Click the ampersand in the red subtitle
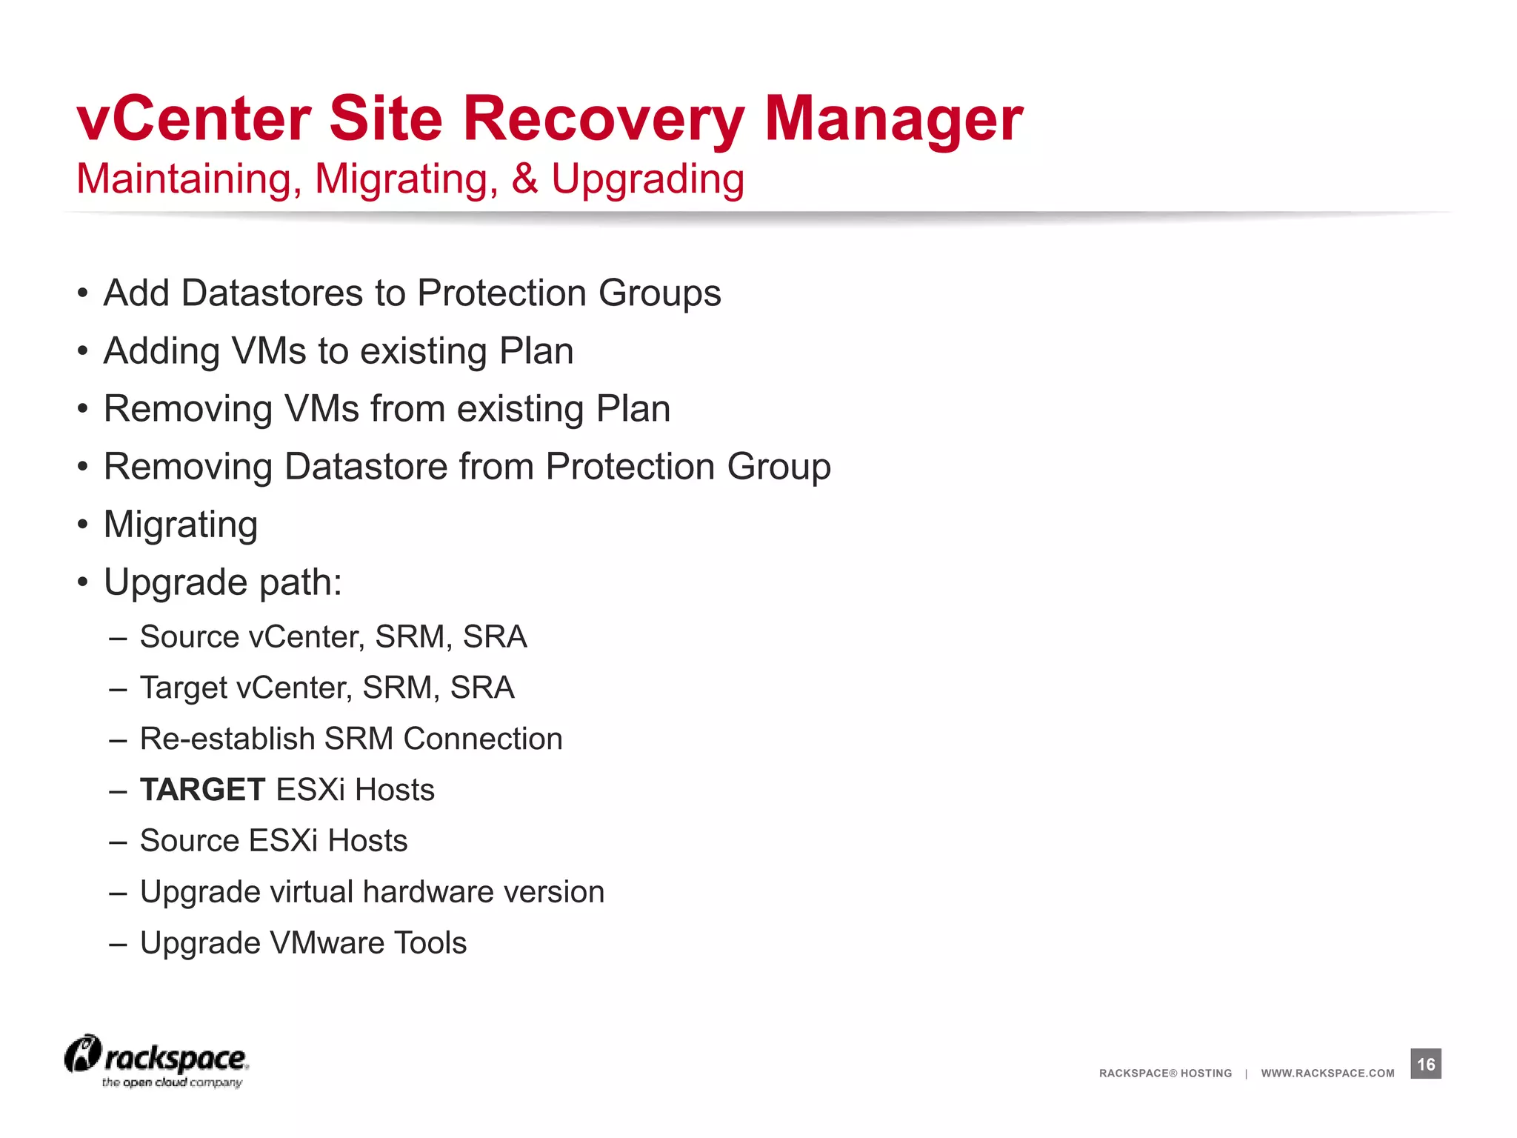coord(524,179)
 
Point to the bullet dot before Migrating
coord(83,525)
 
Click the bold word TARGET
coord(202,790)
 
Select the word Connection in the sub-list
coord(483,739)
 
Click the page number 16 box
coord(1425,1064)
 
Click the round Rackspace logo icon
coord(82,1054)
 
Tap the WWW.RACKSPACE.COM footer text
coord(1327,1074)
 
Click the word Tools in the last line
coord(430,943)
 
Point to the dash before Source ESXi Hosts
coord(119,842)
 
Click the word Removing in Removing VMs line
coord(188,409)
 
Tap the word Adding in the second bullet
coord(161,351)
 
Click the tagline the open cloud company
coord(172,1083)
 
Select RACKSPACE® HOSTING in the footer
coord(1165,1074)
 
